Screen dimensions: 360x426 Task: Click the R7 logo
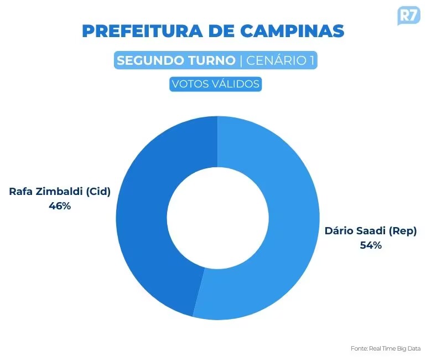point(409,16)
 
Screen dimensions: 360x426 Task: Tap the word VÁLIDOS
point(237,84)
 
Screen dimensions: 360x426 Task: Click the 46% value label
point(60,206)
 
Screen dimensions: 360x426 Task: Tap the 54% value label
point(371,245)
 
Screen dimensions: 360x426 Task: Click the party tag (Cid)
point(98,192)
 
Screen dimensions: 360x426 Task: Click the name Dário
point(337,231)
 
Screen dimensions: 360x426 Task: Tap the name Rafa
point(20,192)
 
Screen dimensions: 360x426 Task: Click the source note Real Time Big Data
point(394,348)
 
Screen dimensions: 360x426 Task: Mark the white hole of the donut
point(217,218)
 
